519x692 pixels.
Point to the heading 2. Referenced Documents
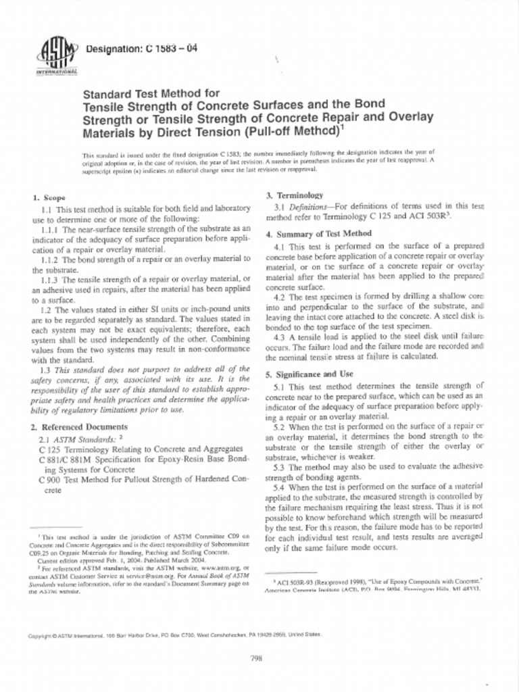pos(79,427)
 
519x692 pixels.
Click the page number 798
pos(256,659)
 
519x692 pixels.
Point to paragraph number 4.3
pos(280,337)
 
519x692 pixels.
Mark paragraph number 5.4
pos(280,487)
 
